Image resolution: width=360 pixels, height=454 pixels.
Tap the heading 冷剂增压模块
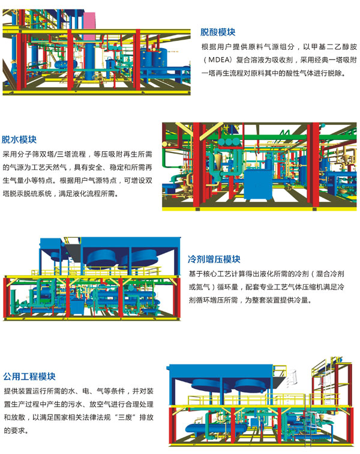(x=214, y=259)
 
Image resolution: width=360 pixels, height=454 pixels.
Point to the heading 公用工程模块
(x=29, y=377)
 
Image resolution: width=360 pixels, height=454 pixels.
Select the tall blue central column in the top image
(x=90, y=54)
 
